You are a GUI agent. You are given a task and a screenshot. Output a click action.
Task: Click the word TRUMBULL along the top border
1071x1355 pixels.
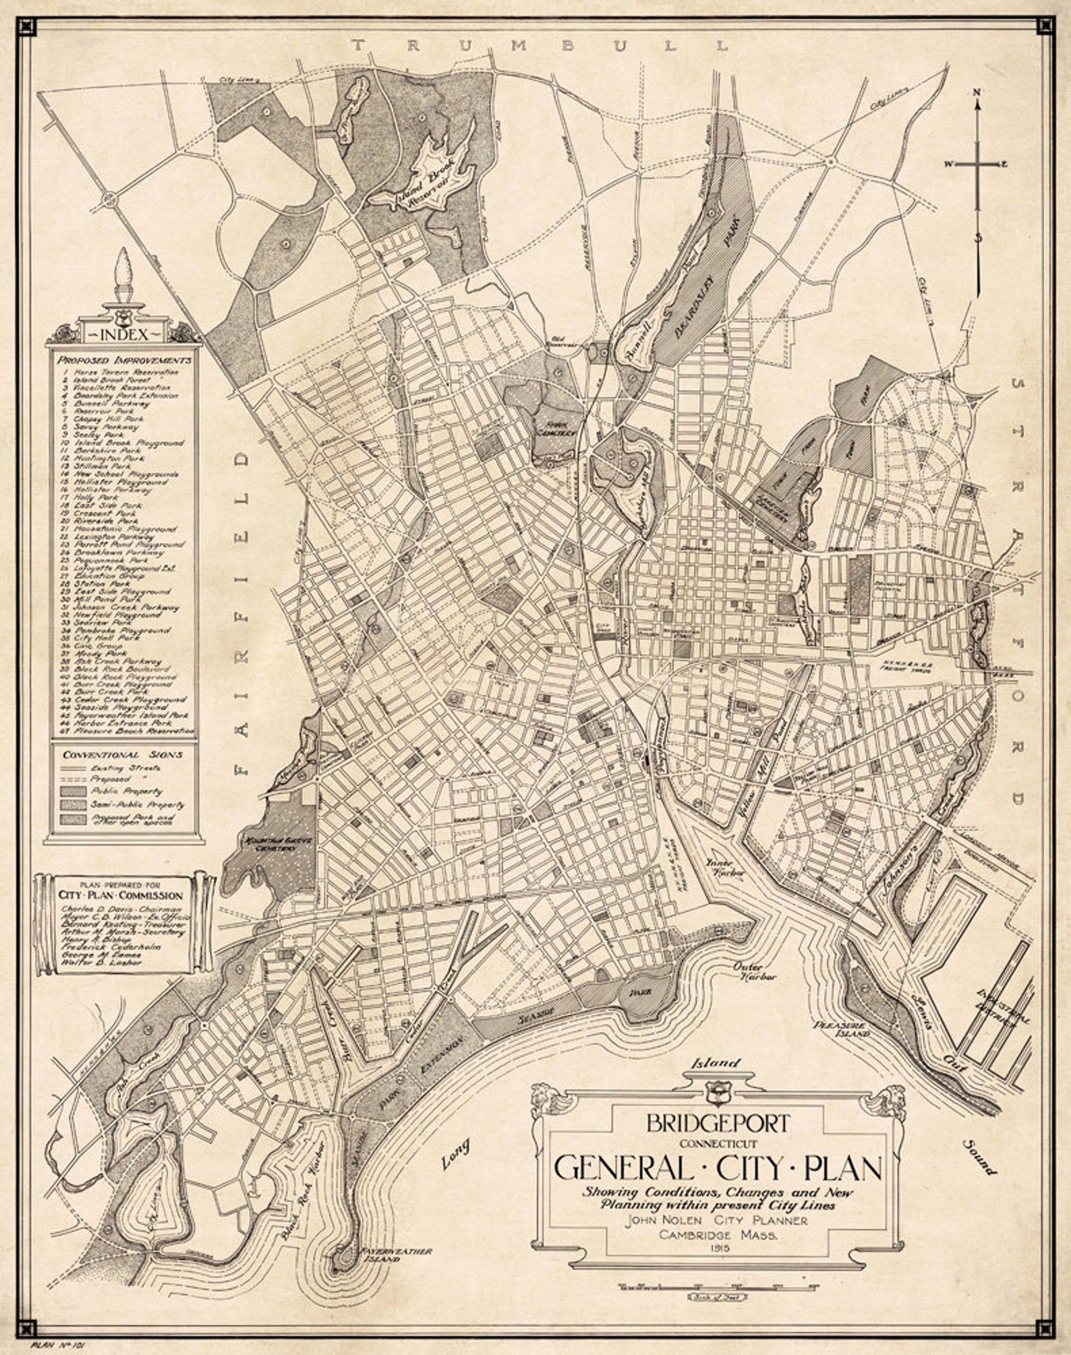click(539, 46)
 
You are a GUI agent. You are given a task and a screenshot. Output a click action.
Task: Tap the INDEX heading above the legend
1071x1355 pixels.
click(123, 334)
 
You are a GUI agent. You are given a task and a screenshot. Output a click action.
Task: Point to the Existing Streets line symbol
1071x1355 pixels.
click(72, 768)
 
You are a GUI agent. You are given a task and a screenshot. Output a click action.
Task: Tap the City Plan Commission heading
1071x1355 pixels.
click(121, 895)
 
